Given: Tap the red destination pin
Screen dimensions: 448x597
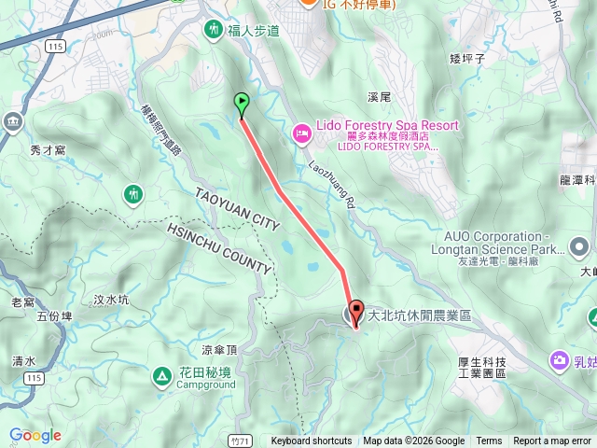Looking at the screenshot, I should [x=355, y=315].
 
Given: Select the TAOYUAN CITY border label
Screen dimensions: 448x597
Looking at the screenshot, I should [x=238, y=209].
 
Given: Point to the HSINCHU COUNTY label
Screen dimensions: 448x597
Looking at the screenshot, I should [x=221, y=249].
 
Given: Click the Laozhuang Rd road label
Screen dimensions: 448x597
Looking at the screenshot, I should [x=332, y=183].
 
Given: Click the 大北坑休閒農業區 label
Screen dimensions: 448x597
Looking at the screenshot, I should [x=420, y=315].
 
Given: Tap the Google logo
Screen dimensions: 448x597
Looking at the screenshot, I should [x=35, y=435].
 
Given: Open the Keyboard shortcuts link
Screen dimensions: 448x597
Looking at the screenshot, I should [x=312, y=441].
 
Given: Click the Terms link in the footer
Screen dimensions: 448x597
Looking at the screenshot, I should [x=489, y=441].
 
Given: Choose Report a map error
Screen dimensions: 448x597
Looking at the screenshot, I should [x=551, y=441].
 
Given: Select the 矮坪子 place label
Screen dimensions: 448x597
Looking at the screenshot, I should [x=468, y=59].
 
